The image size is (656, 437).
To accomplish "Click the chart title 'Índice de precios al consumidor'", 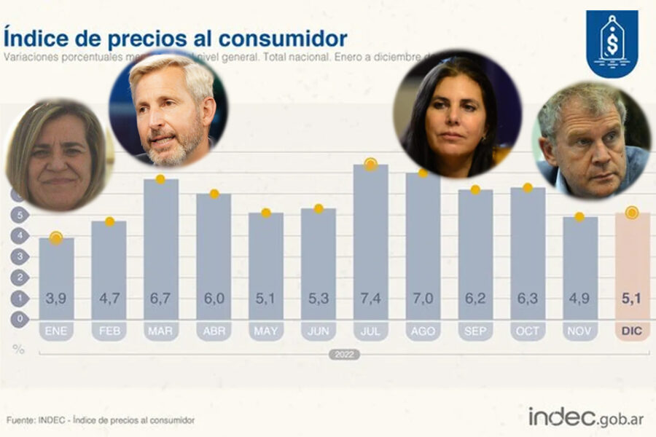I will (x=175, y=38).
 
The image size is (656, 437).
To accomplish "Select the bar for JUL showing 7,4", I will (x=371, y=240).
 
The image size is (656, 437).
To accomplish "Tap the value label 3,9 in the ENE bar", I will (x=56, y=298).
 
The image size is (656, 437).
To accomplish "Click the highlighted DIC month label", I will (x=632, y=331).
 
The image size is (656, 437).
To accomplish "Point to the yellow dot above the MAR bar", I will (x=161, y=179).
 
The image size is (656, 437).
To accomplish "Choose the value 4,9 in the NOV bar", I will (x=579, y=298).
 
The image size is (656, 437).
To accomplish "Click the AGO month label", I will (x=423, y=331).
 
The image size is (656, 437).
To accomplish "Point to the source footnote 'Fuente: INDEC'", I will (x=101, y=420).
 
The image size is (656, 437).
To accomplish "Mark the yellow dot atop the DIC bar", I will (x=632, y=213).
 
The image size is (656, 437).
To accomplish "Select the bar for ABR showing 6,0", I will (x=214, y=255).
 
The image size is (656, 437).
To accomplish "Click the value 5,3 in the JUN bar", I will (x=319, y=298).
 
